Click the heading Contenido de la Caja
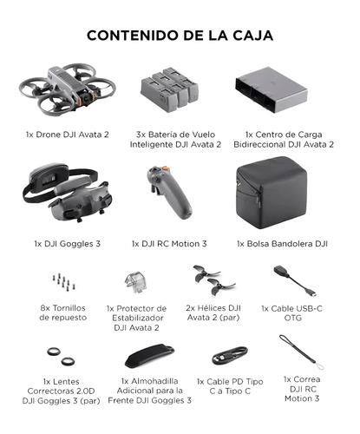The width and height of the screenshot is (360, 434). point(180,36)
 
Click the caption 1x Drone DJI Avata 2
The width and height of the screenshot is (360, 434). point(67,135)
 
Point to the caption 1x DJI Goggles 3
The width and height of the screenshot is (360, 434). point(67,244)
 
